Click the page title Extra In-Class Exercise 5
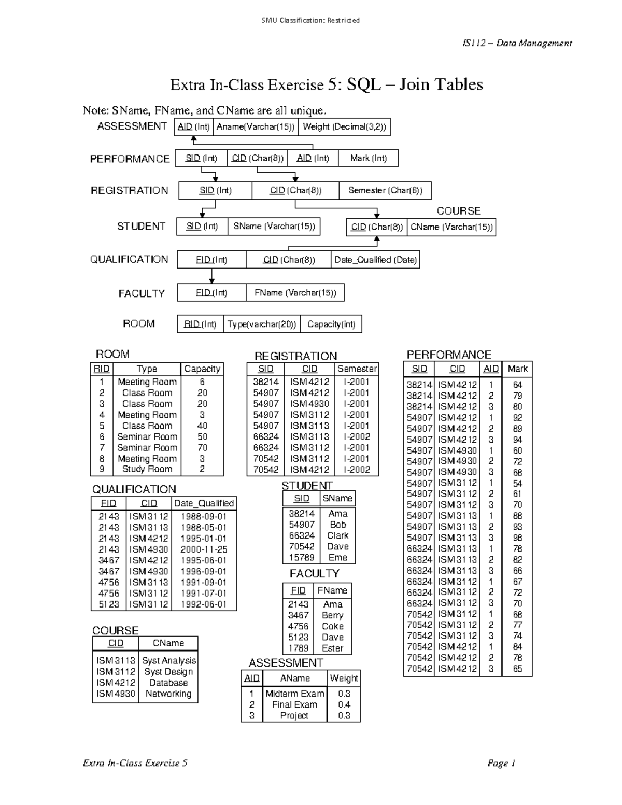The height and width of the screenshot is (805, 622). point(327,84)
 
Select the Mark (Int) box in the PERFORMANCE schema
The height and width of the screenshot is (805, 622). point(368,158)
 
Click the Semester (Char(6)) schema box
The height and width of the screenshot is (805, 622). point(385,190)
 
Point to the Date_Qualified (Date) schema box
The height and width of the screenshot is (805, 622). point(375,260)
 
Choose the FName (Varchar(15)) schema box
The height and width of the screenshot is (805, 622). point(295,293)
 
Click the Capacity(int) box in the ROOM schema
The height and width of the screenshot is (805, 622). point(331,324)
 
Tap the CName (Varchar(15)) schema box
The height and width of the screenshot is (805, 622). point(451,227)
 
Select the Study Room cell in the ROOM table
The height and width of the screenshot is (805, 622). point(147,469)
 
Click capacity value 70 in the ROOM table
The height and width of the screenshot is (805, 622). point(202,447)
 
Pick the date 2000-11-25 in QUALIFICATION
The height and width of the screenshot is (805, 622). point(204,549)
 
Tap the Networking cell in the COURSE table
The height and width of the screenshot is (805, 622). point(168,694)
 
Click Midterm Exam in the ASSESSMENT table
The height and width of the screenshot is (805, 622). point(295,694)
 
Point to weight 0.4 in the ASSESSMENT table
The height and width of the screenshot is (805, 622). point(344,704)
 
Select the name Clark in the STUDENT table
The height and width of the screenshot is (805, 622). point(338,535)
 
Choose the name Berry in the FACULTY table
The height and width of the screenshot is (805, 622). point(332,615)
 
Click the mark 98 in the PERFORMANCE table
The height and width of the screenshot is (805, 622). point(517,538)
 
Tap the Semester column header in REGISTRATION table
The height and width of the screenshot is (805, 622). point(357,369)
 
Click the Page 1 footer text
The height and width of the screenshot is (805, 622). point(501,763)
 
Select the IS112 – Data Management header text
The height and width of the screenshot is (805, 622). point(517,43)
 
